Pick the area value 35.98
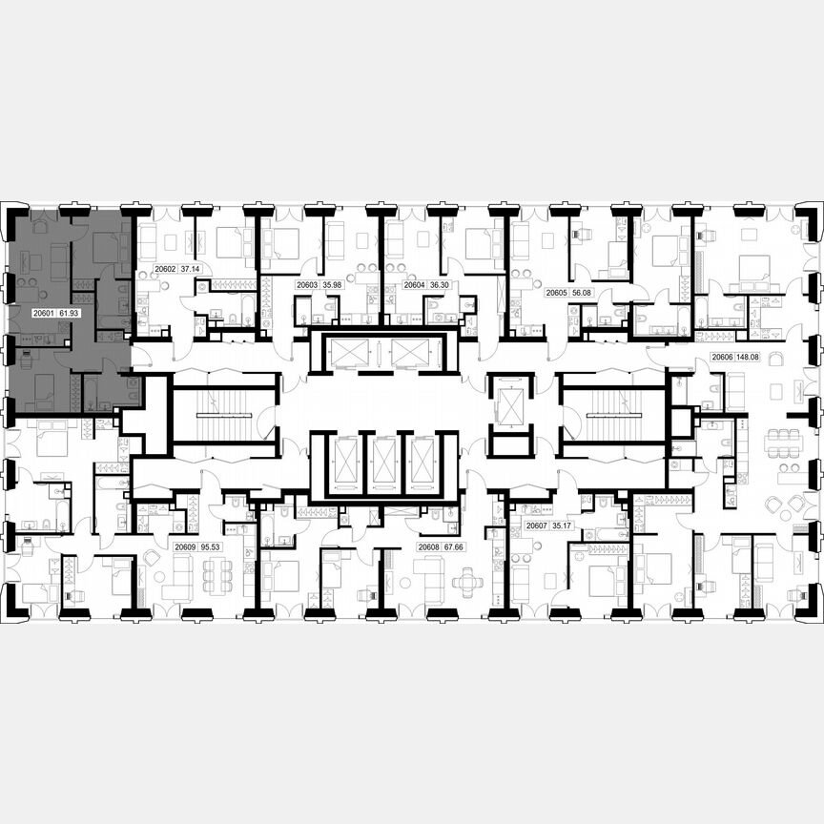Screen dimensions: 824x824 pos(332,284)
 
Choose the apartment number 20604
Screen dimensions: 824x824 pos(415,284)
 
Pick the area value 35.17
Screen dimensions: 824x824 pos(565,525)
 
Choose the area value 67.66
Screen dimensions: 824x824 pos(457,547)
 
